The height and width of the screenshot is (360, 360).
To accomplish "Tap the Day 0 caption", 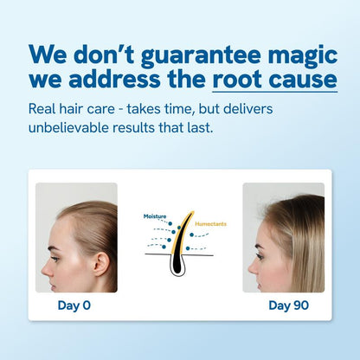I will [74, 305].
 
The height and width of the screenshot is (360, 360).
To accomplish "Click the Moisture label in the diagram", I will [155, 215].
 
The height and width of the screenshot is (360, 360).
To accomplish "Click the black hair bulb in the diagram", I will [180, 264].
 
